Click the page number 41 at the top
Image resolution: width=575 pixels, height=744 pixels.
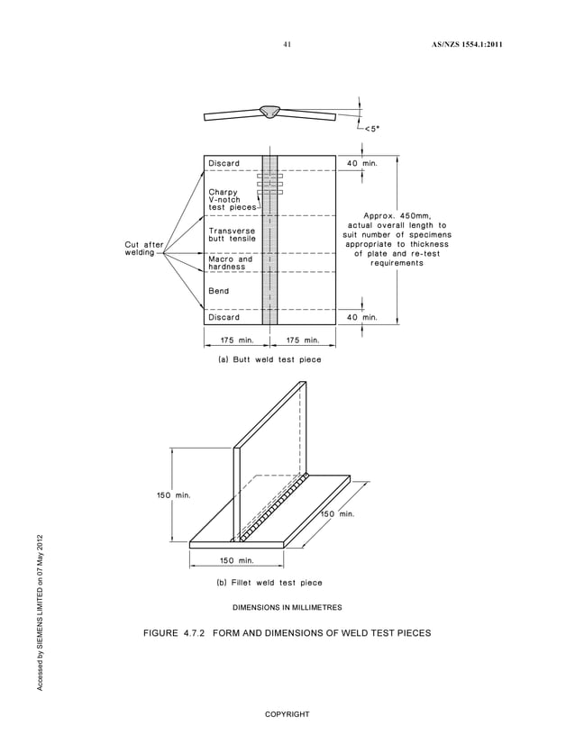(x=287, y=44)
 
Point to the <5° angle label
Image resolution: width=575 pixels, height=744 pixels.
(x=370, y=128)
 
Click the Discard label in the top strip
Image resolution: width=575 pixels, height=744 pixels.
(x=224, y=163)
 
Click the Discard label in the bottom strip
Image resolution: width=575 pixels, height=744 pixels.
(x=224, y=317)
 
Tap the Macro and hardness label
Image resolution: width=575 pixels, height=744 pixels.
(x=231, y=263)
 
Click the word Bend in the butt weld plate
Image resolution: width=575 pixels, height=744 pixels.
(x=219, y=291)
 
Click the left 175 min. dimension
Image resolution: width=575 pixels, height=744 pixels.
(x=233, y=340)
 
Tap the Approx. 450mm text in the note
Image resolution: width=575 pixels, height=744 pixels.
(x=397, y=215)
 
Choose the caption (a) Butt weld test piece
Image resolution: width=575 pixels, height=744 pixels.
(x=264, y=359)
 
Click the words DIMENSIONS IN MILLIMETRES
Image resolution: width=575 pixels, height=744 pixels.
(x=287, y=607)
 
